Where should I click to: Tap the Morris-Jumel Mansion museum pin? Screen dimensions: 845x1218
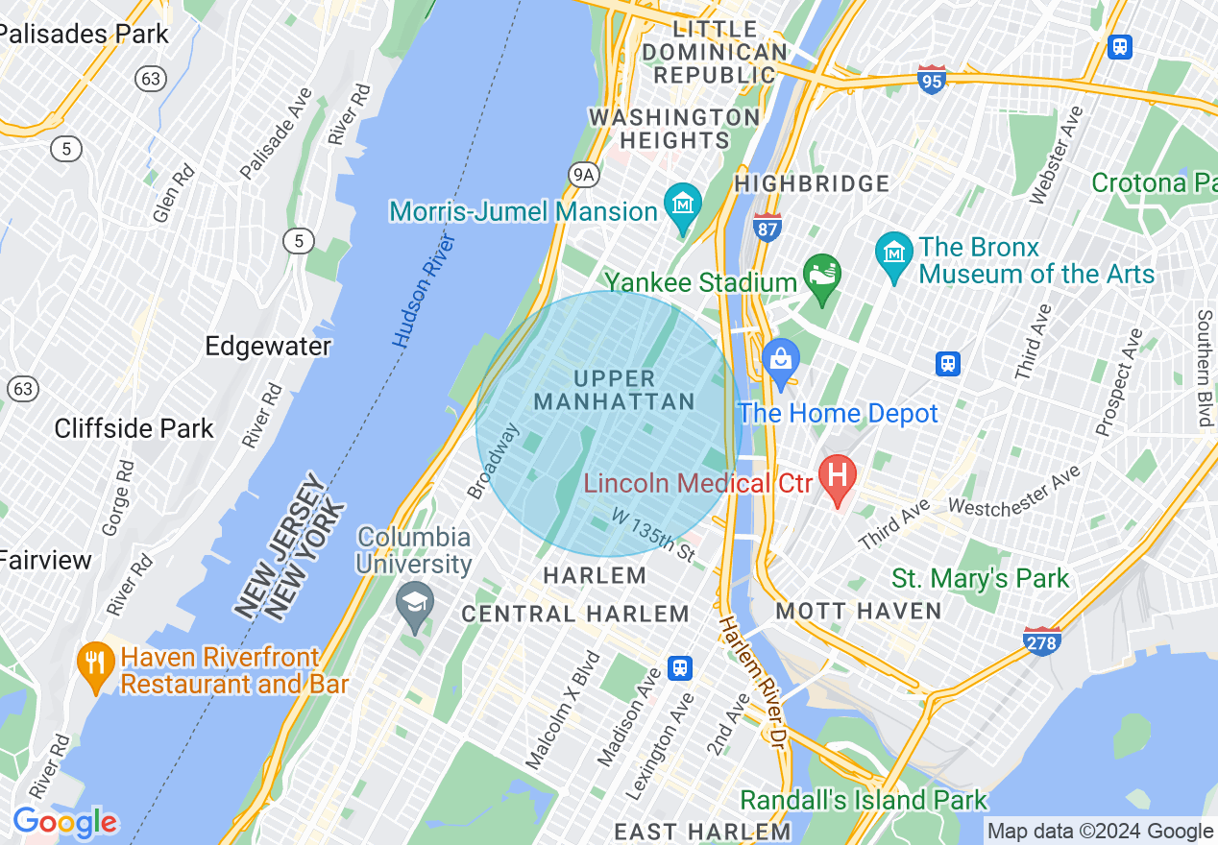683,205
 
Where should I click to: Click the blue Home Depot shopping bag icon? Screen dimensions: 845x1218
781,361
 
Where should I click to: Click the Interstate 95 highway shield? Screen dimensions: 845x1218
931,80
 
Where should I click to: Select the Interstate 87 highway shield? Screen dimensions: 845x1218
767,227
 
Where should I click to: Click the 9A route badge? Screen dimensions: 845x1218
583,174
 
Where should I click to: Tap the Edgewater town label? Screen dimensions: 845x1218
268,346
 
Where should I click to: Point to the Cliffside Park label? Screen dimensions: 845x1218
134,428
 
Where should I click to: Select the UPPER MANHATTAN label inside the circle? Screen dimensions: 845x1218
614,390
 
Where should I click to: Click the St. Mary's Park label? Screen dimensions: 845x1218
980,578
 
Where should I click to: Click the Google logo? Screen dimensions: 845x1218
64,823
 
